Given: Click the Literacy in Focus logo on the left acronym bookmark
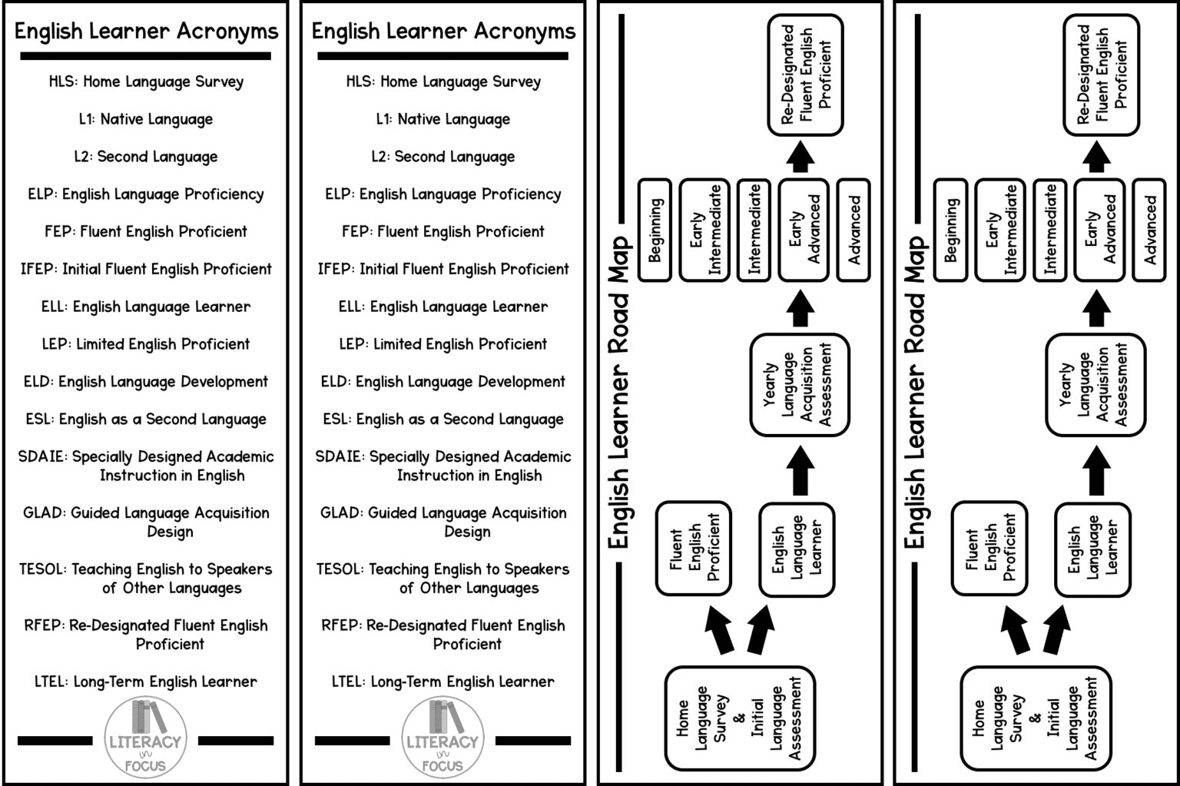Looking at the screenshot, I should click(145, 738).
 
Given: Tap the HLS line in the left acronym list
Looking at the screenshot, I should click(146, 81).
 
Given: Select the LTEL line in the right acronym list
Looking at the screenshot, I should click(443, 682).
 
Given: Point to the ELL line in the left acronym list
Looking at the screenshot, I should click(146, 307).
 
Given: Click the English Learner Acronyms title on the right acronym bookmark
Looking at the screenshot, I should click(443, 32).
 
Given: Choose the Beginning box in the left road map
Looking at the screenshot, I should click(655, 230).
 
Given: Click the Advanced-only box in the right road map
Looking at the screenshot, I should click(1149, 230).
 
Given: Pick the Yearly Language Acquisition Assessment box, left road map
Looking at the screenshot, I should click(799, 384).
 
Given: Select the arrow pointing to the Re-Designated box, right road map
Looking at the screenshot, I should click(1095, 156).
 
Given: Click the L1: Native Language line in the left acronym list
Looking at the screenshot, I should click(146, 119).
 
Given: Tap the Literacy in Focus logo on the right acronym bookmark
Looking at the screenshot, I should click(442, 738).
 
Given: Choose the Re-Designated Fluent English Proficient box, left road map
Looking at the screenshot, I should click(806, 75).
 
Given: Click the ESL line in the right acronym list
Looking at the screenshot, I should click(443, 420).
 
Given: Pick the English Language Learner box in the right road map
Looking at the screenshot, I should click(1092, 549).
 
